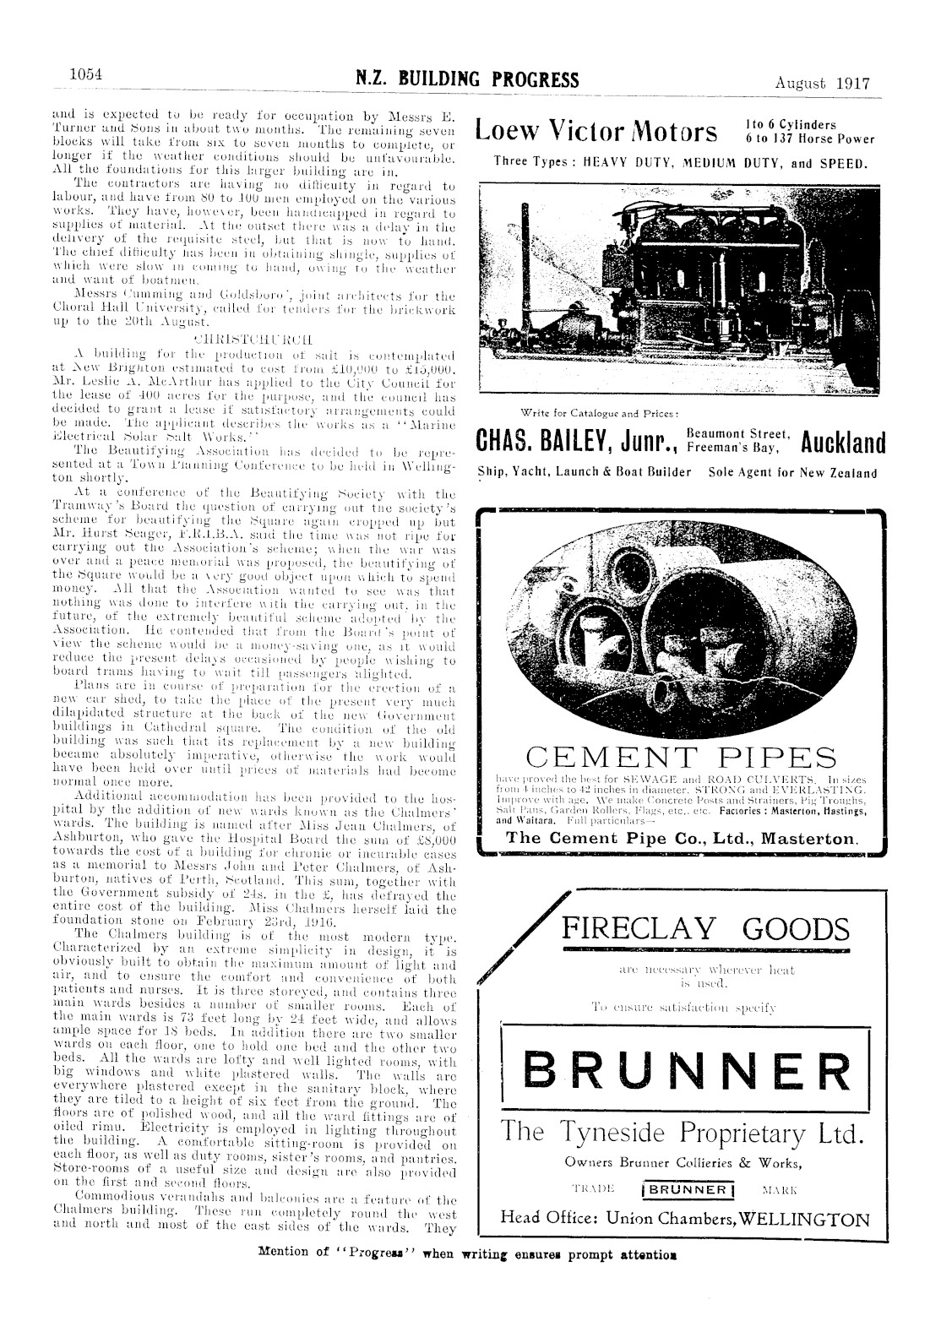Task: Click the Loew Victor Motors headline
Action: [x=597, y=131]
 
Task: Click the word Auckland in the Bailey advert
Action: [x=843, y=442]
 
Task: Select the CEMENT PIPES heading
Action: [x=681, y=757]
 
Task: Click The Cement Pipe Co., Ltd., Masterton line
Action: [x=681, y=840]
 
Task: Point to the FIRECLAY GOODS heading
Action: [x=705, y=929]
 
